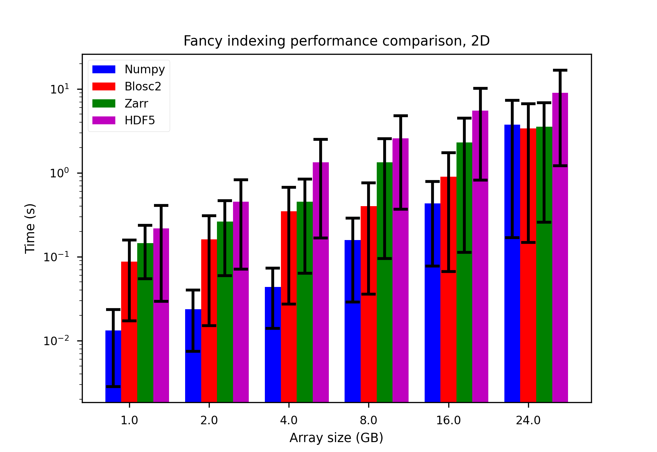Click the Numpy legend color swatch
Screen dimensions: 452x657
(104, 69)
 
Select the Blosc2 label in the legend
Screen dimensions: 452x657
(143, 86)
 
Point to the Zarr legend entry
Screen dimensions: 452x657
(136, 103)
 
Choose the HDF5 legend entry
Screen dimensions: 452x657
(140, 121)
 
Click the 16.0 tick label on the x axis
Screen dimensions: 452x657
(448, 420)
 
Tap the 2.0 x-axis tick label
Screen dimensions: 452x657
(209, 420)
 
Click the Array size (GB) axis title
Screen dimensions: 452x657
(336, 438)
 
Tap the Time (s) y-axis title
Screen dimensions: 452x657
(30, 228)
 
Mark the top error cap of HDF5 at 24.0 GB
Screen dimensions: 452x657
(560, 70)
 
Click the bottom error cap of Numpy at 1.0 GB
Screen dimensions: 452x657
(113, 387)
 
